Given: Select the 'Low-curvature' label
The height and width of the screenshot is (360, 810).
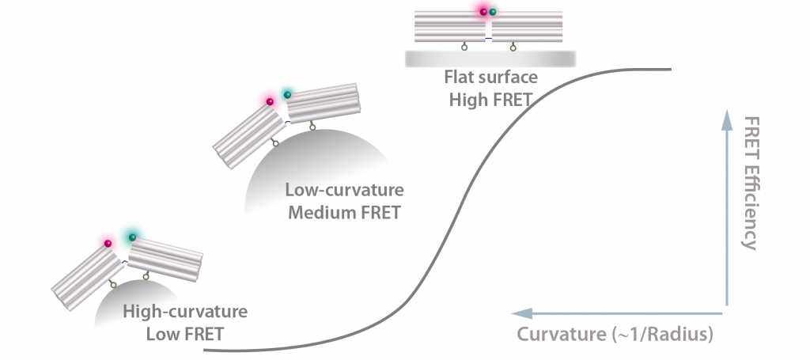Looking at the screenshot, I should pyautogui.click(x=346, y=191).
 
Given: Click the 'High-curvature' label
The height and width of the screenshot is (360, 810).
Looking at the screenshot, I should pyautogui.click(x=186, y=312).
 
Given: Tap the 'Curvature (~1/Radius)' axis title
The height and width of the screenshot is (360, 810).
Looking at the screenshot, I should pyautogui.click(x=615, y=334).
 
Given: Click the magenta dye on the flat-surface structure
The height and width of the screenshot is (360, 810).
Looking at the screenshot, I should pyautogui.click(x=482, y=11).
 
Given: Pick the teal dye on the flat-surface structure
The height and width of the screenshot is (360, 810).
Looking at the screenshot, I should pyautogui.click(x=494, y=12).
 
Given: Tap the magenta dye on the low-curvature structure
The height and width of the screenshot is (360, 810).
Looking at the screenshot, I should pyautogui.click(x=270, y=101).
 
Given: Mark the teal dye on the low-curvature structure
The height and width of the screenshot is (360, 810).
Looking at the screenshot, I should pyautogui.click(x=288, y=95).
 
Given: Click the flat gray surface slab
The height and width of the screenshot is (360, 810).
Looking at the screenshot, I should pyautogui.click(x=490, y=59).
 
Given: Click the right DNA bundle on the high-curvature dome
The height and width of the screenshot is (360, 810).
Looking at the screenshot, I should pyautogui.click(x=165, y=256).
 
